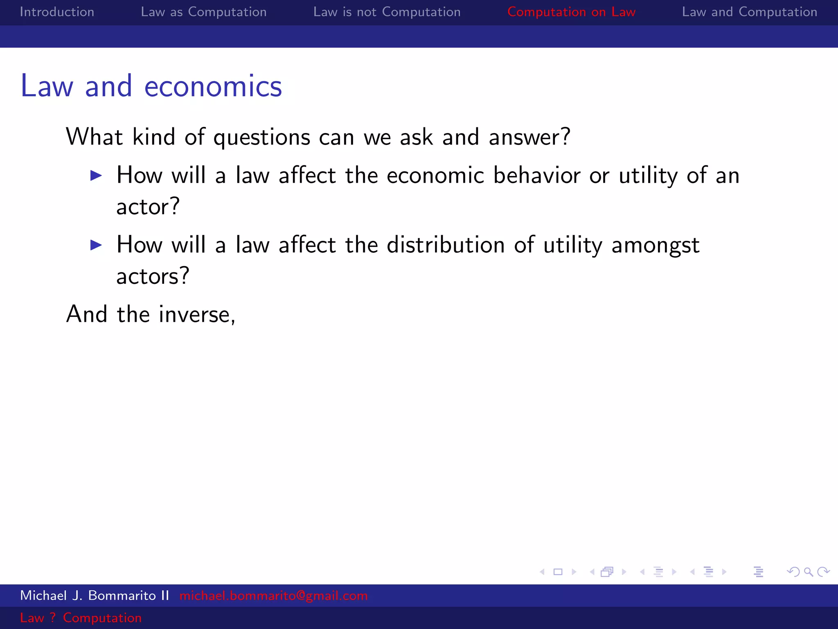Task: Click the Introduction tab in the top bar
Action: [57, 12]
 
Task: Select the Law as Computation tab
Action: [203, 12]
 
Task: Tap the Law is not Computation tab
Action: [387, 12]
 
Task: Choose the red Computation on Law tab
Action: [571, 12]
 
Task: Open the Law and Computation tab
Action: [749, 12]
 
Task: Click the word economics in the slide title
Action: [213, 86]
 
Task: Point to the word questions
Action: [262, 138]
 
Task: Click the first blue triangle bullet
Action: [96, 176]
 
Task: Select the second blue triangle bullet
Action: [96, 245]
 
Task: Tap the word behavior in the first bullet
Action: [536, 175]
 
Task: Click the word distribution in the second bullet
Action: [445, 245]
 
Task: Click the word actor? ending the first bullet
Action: [148, 206]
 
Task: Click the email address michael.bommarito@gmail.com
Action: [273, 595]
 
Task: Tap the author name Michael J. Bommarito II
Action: [95, 595]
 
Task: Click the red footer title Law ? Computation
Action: [81, 618]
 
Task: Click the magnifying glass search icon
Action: [808, 572]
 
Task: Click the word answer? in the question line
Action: [529, 137]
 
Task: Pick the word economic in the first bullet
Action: [435, 175]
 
